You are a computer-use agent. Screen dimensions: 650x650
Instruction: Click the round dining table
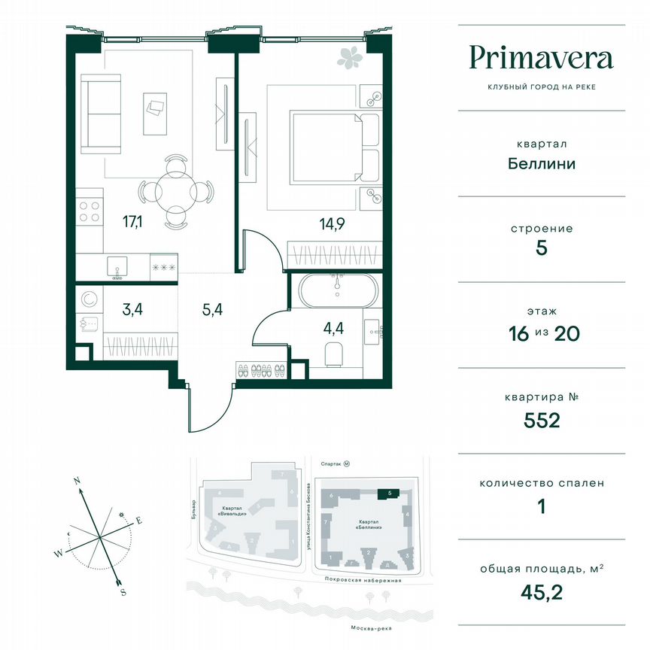175,189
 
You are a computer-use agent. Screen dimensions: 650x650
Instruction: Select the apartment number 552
542,420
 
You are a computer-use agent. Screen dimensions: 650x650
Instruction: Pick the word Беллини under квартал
541,163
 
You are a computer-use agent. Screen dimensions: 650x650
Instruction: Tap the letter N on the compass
77,479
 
